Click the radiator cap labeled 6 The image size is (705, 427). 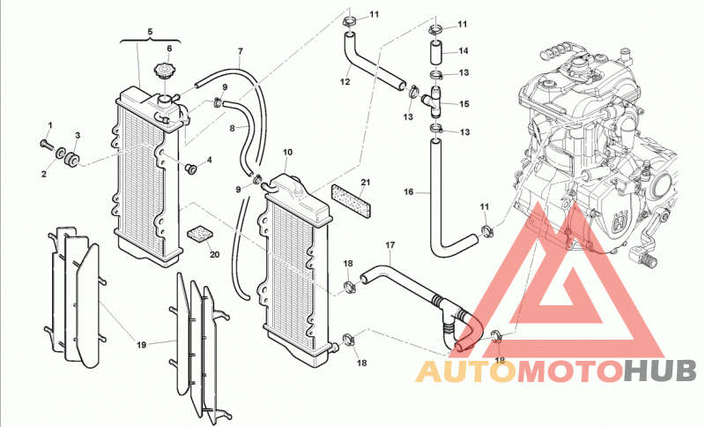(162, 71)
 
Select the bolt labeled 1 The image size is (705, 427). (46, 144)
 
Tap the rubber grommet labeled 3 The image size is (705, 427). (71, 160)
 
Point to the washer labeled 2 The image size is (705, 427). (60, 154)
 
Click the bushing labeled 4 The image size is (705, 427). (192, 169)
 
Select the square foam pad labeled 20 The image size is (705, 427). (200, 235)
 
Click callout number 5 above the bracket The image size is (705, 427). (150, 32)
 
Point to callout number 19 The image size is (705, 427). (142, 345)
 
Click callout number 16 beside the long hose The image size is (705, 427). (408, 192)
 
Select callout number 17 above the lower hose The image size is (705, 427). (390, 245)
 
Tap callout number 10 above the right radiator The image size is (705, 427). (288, 152)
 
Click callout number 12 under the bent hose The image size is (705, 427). (345, 82)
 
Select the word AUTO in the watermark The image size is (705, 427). (464, 371)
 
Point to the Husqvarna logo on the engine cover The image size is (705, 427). (621, 221)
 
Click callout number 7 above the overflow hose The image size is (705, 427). (240, 51)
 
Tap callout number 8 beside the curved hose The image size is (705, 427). (232, 128)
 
